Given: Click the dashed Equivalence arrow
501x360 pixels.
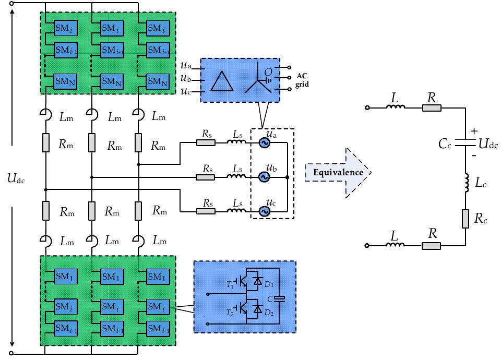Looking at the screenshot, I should (338, 172).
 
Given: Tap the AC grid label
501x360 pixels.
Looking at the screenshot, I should (302, 81).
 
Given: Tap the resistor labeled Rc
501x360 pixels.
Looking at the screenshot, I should (465, 219).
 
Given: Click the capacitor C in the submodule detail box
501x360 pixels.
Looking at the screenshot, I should (280, 299).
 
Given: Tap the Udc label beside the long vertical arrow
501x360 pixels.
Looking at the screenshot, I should (16, 179).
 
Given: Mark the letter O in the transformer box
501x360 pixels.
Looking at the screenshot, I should (268, 72).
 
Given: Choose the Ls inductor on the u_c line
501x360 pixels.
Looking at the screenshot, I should (236, 211).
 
